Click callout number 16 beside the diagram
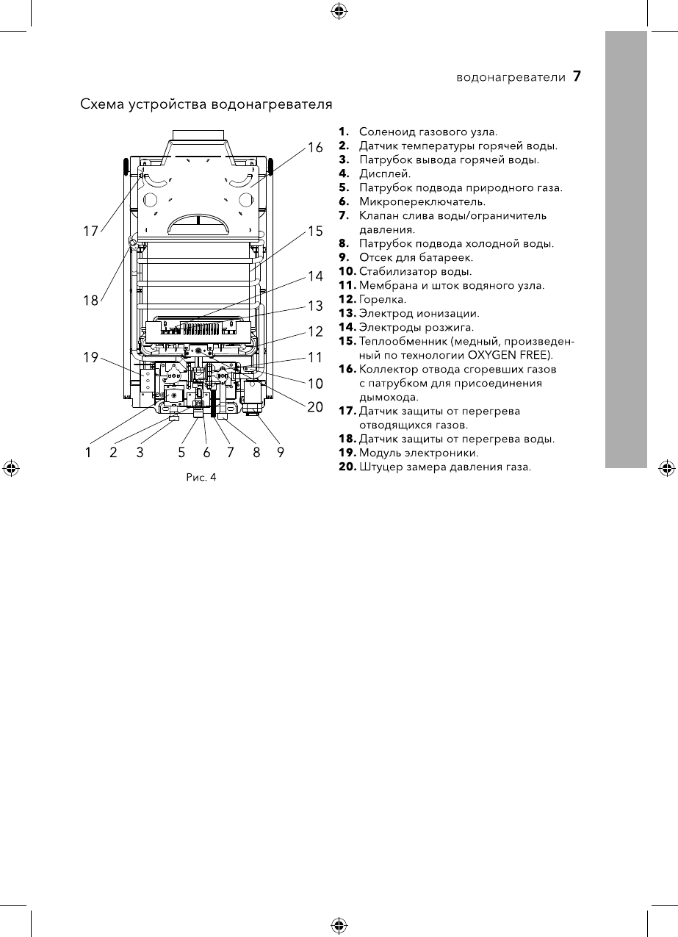315,147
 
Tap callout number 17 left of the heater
90,231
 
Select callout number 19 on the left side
90,358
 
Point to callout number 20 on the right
315,406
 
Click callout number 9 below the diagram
281,453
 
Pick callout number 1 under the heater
88,453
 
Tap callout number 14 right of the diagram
315,276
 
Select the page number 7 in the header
577,76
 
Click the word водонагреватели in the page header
511,76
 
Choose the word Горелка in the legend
382,300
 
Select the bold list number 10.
347,272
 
